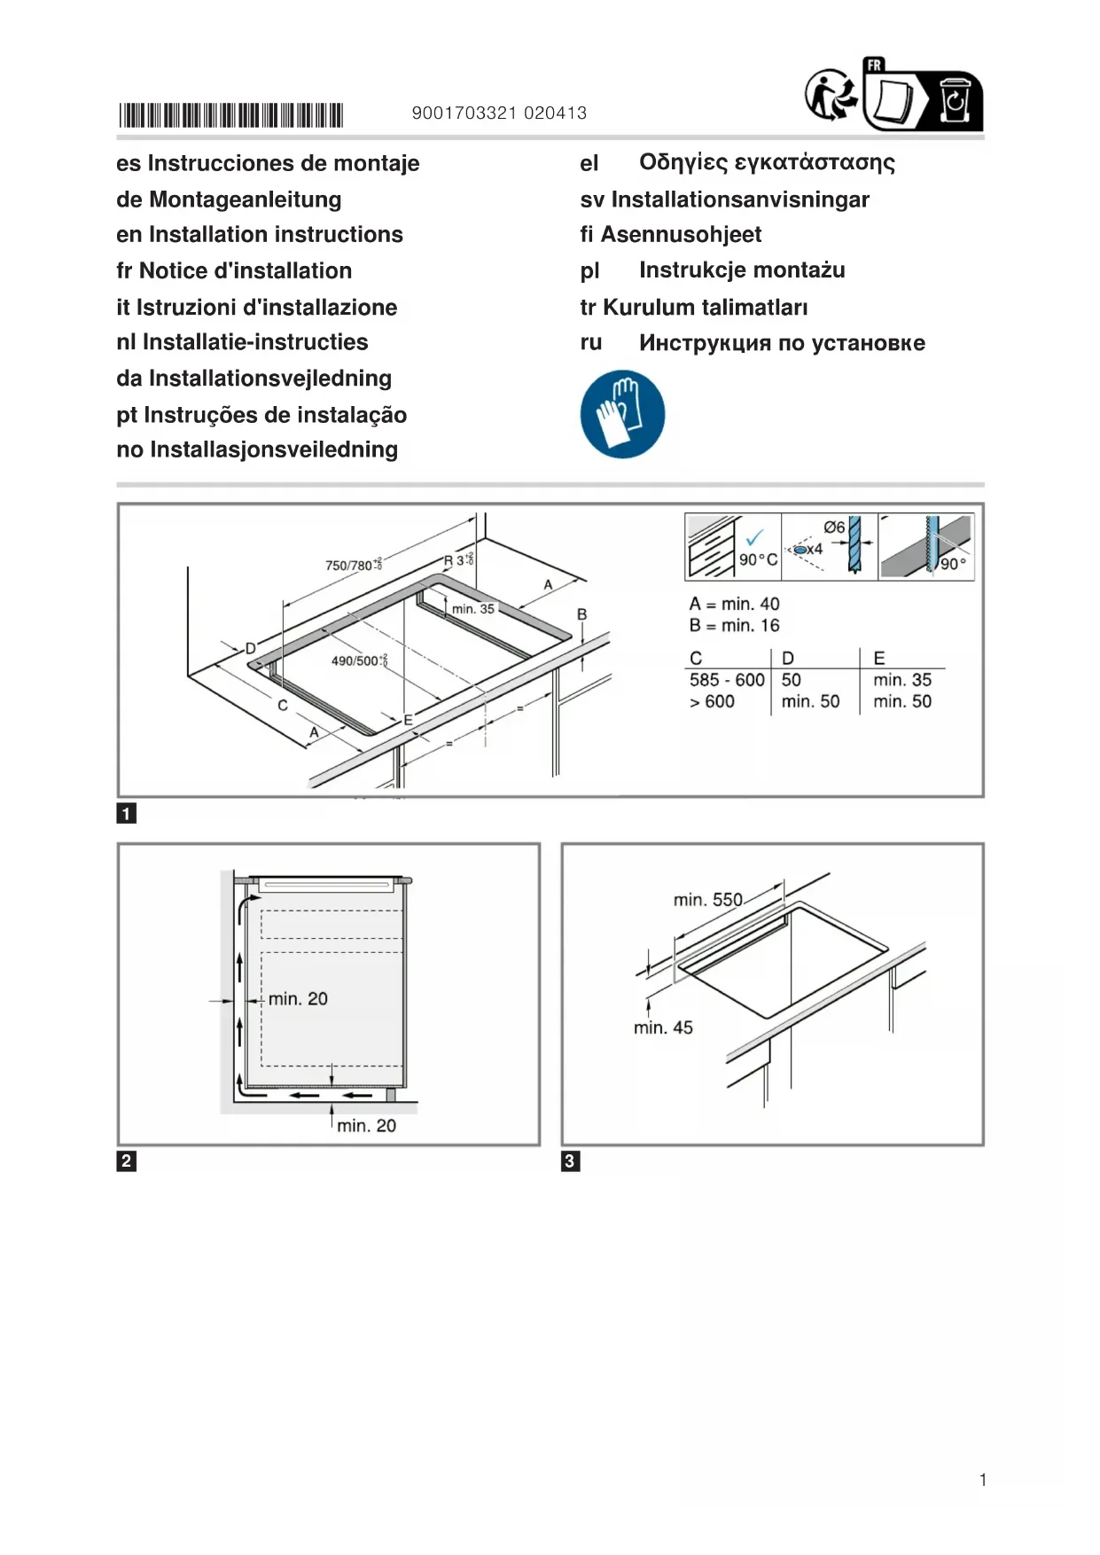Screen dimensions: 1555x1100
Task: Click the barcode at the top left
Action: (230, 115)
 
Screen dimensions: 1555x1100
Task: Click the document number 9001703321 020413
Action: (499, 113)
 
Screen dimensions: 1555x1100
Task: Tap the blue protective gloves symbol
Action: (622, 414)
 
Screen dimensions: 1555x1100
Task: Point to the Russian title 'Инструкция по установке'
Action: (781, 343)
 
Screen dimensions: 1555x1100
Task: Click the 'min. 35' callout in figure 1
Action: (472, 609)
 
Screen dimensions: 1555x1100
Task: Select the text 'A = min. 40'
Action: (734, 604)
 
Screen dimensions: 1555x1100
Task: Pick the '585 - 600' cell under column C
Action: (726, 680)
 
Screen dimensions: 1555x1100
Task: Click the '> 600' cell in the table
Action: (712, 701)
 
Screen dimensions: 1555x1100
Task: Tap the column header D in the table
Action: (787, 658)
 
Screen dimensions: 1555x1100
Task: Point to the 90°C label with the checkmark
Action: (757, 552)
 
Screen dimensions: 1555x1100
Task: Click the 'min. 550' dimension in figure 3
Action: (707, 900)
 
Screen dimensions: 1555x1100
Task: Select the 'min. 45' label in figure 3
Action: (663, 1028)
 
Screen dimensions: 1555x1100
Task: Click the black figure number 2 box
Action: (126, 1160)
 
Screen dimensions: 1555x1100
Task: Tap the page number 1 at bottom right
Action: (983, 1479)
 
